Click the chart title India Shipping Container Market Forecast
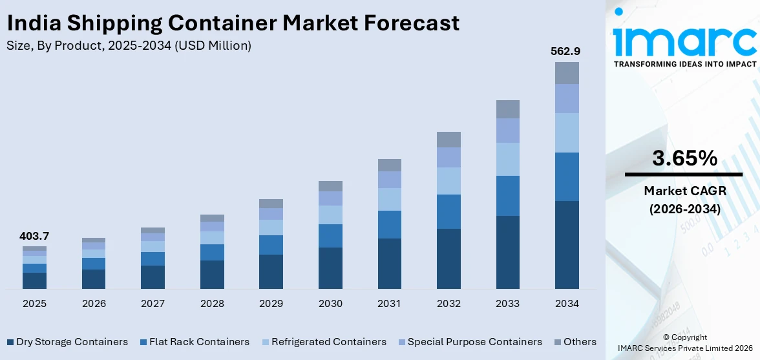(233, 23)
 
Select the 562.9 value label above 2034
(567, 50)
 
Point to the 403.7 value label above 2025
(34, 237)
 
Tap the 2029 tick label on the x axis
(271, 304)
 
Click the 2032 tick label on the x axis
(449, 304)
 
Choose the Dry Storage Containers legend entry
(67, 342)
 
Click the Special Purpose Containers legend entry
(469, 342)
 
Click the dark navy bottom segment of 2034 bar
(567, 245)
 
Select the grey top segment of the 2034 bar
(567, 73)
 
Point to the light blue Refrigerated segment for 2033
(508, 159)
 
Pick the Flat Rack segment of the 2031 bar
(390, 224)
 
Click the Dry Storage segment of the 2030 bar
(330, 268)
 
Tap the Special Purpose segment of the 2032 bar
(449, 157)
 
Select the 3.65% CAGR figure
(684, 158)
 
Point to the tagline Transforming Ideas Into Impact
(684, 64)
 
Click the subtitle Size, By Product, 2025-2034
(129, 45)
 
